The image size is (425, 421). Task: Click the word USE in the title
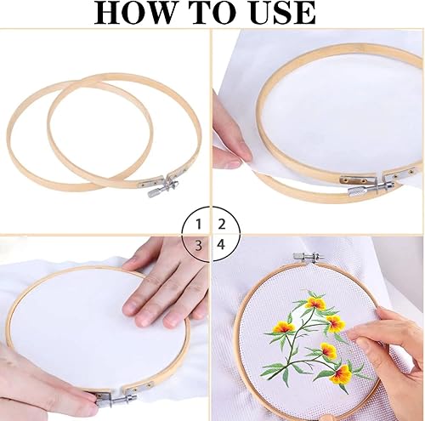click(x=283, y=13)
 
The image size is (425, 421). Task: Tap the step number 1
click(x=199, y=225)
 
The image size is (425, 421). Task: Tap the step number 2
click(x=222, y=225)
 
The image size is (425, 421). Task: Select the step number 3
click(x=199, y=245)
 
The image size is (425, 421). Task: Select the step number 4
click(x=221, y=244)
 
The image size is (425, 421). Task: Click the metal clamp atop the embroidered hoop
click(x=308, y=258)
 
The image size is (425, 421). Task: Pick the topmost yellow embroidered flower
click(x=314, y=304)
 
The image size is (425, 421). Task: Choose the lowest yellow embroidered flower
click(x=342, y=375)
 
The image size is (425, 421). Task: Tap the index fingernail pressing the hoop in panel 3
click(x=132, y=308)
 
